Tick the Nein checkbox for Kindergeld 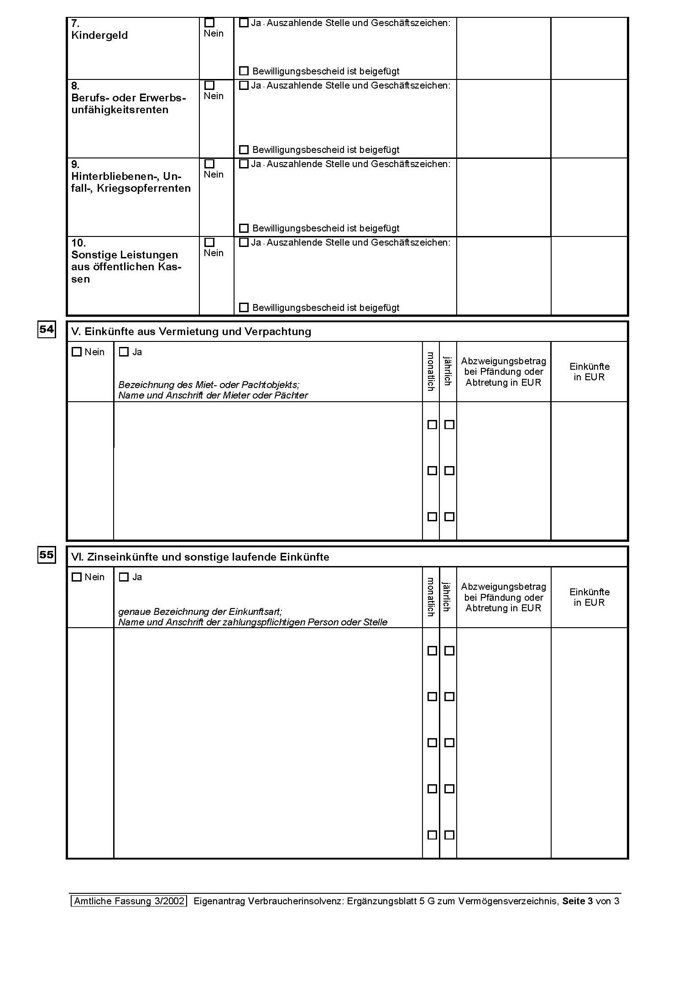[x=209, y=22]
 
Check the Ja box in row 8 [x=244, y=85]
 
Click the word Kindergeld [x=99, y=36]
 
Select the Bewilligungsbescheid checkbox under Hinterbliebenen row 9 [x=244, y=228]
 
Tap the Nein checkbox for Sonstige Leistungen [x=209, y=242]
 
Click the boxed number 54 [x=47, y=330]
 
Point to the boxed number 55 [x=47, y=555]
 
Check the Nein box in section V [x=77, y=352]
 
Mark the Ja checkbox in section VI [x=124, y=577]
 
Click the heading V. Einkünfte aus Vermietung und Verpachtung [x=191, y=332]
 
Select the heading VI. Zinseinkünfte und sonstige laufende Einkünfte [x=200, y=557]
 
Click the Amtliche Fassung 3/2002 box [x=129, y=901]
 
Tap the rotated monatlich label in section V [x=430, y=371]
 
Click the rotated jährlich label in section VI [x=447, y=596]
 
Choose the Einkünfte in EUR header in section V [x=589, y=372]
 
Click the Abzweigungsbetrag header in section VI [x=503, y=597]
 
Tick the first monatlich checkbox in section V [x=432, y=425]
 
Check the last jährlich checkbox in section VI [x=449, y=835]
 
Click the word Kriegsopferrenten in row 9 [x=144, y=189]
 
